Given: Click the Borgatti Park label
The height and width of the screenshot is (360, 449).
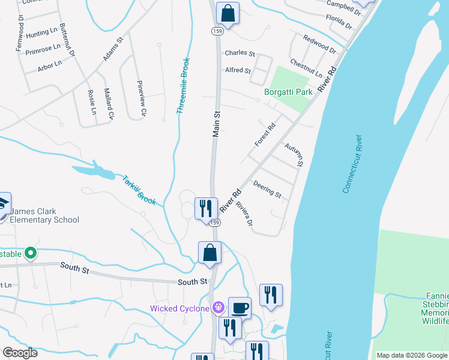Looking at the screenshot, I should pyautogui.click(x=288, y=92).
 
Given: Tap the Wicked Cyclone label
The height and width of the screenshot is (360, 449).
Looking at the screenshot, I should pyautogui.click(x=180, y=309).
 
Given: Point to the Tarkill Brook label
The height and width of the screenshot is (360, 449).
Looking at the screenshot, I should pyautogui.click(x=139, y=190).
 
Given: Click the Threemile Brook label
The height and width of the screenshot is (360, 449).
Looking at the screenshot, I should pyautogui.click(x=183, y=86).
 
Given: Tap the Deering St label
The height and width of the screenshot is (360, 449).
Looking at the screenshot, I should pyautogui.click(x=267, y=189).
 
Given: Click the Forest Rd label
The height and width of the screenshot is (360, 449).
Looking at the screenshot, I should pyautogui.click(x=264, y=134).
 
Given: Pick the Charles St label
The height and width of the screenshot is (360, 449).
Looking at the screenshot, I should pyautogui.click(x=240, y=53).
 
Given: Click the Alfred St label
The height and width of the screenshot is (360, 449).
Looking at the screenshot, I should pyautogui.click(x=238, y=70).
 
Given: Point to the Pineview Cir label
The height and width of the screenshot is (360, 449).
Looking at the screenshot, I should pyautogui.click(x=142, y=98).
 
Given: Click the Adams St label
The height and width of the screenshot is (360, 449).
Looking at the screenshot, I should pyautogui.click(x=112, y=49).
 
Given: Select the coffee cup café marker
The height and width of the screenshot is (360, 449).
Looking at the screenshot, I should pyautogui.click(x=240, y=307).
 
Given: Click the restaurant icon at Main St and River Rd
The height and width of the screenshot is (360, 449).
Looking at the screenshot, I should pyautogui.click(x=206, y=208).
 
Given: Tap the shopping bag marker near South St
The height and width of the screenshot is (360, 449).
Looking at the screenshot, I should pyautogui.click(x=210, y=252).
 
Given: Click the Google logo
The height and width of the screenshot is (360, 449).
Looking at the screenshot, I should pyautogui.click(x=20, y=353).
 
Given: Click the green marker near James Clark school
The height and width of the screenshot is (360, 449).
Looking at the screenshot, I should pyautogui.click(x=28, y=254).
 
